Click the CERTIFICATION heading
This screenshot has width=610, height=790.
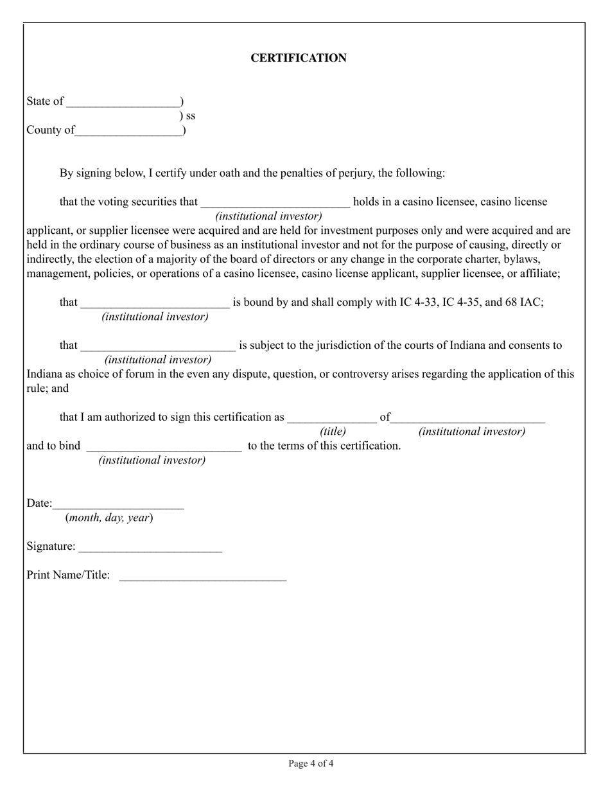299,58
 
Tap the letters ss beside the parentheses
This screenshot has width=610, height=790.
191,116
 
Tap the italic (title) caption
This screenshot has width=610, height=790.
333,432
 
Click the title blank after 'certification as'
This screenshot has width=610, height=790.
332,418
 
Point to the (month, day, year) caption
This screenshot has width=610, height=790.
109,518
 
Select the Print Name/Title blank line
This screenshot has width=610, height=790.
203,576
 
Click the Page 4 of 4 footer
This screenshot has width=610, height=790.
311,764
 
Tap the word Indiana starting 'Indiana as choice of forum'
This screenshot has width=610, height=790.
44,374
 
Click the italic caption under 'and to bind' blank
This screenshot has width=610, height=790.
152,461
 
